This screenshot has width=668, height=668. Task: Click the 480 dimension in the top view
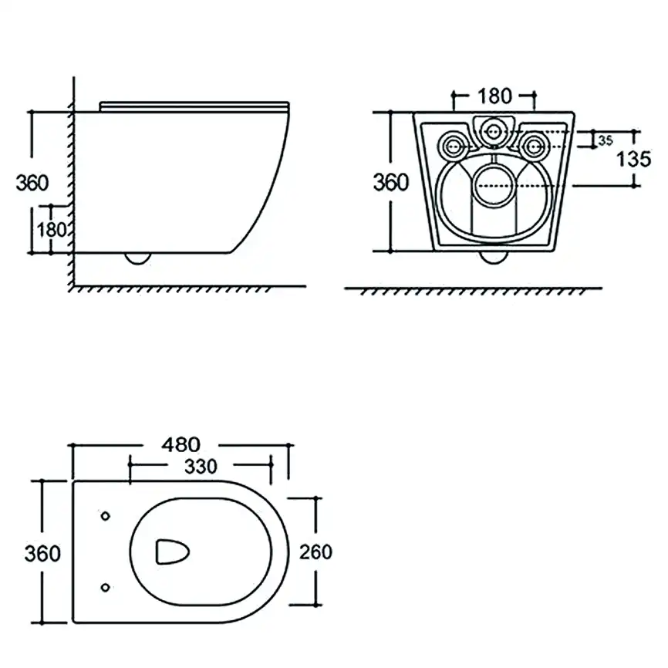click(x=180, y=445)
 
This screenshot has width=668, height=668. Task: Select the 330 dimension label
click(x=200, y=466)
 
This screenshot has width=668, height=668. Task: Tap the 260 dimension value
click(x=315, y=552)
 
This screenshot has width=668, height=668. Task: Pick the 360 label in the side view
click(x=32, y=184)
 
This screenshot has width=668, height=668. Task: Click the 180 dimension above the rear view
click(x=494, y=96)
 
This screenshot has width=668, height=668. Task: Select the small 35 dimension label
click(x=605, y=140)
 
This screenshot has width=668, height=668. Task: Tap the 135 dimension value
click(x=633, y=160)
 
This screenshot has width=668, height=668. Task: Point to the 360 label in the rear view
click(x=390, y=183)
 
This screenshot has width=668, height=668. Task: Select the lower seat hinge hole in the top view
click(x=106, y=588)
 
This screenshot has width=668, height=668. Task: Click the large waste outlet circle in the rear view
click(x=494, y=185)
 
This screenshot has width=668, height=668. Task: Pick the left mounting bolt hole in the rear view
click(x=453, y=144)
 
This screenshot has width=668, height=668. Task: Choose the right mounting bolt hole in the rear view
click(x=534, y=144)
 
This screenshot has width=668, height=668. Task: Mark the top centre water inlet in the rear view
click(x=494, y=132)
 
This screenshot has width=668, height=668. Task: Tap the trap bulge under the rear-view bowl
click(x=494, y=257)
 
